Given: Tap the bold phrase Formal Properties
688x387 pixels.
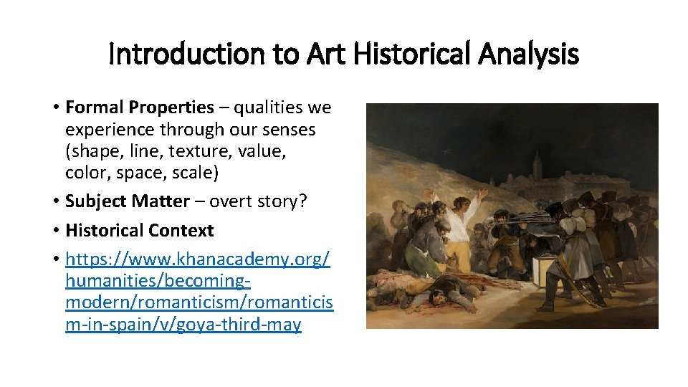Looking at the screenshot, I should point(139,108).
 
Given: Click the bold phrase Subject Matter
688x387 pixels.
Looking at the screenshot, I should point(127,201).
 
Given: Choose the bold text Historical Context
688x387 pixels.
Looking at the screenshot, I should point(139,231).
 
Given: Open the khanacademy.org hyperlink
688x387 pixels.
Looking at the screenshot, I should point(198,258).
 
